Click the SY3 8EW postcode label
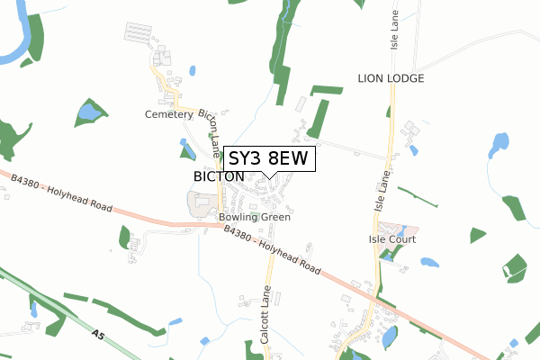[268, 158]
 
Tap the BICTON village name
[218, 176]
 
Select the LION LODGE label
[390, 78]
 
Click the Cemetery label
[168, 114]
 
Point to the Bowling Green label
[254, 217]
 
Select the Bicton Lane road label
[210, 131]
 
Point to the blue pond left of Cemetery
[90, 112]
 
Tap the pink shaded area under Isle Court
[391, 229]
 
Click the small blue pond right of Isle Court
[429, 263]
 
